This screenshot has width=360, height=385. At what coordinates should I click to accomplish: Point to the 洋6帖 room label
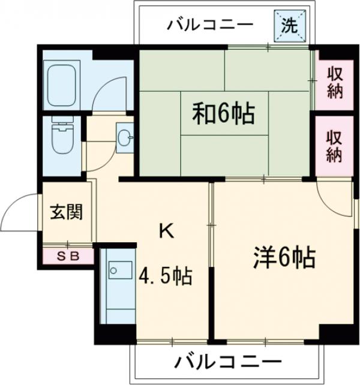pos(283,258)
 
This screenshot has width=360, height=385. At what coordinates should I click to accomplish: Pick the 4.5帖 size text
pos(166,276)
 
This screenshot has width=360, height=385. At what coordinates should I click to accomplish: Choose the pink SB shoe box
pos(68,256)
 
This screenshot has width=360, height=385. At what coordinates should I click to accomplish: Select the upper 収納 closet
pos(334,83)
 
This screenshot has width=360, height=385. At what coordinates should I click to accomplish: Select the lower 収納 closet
pos(334,146)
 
